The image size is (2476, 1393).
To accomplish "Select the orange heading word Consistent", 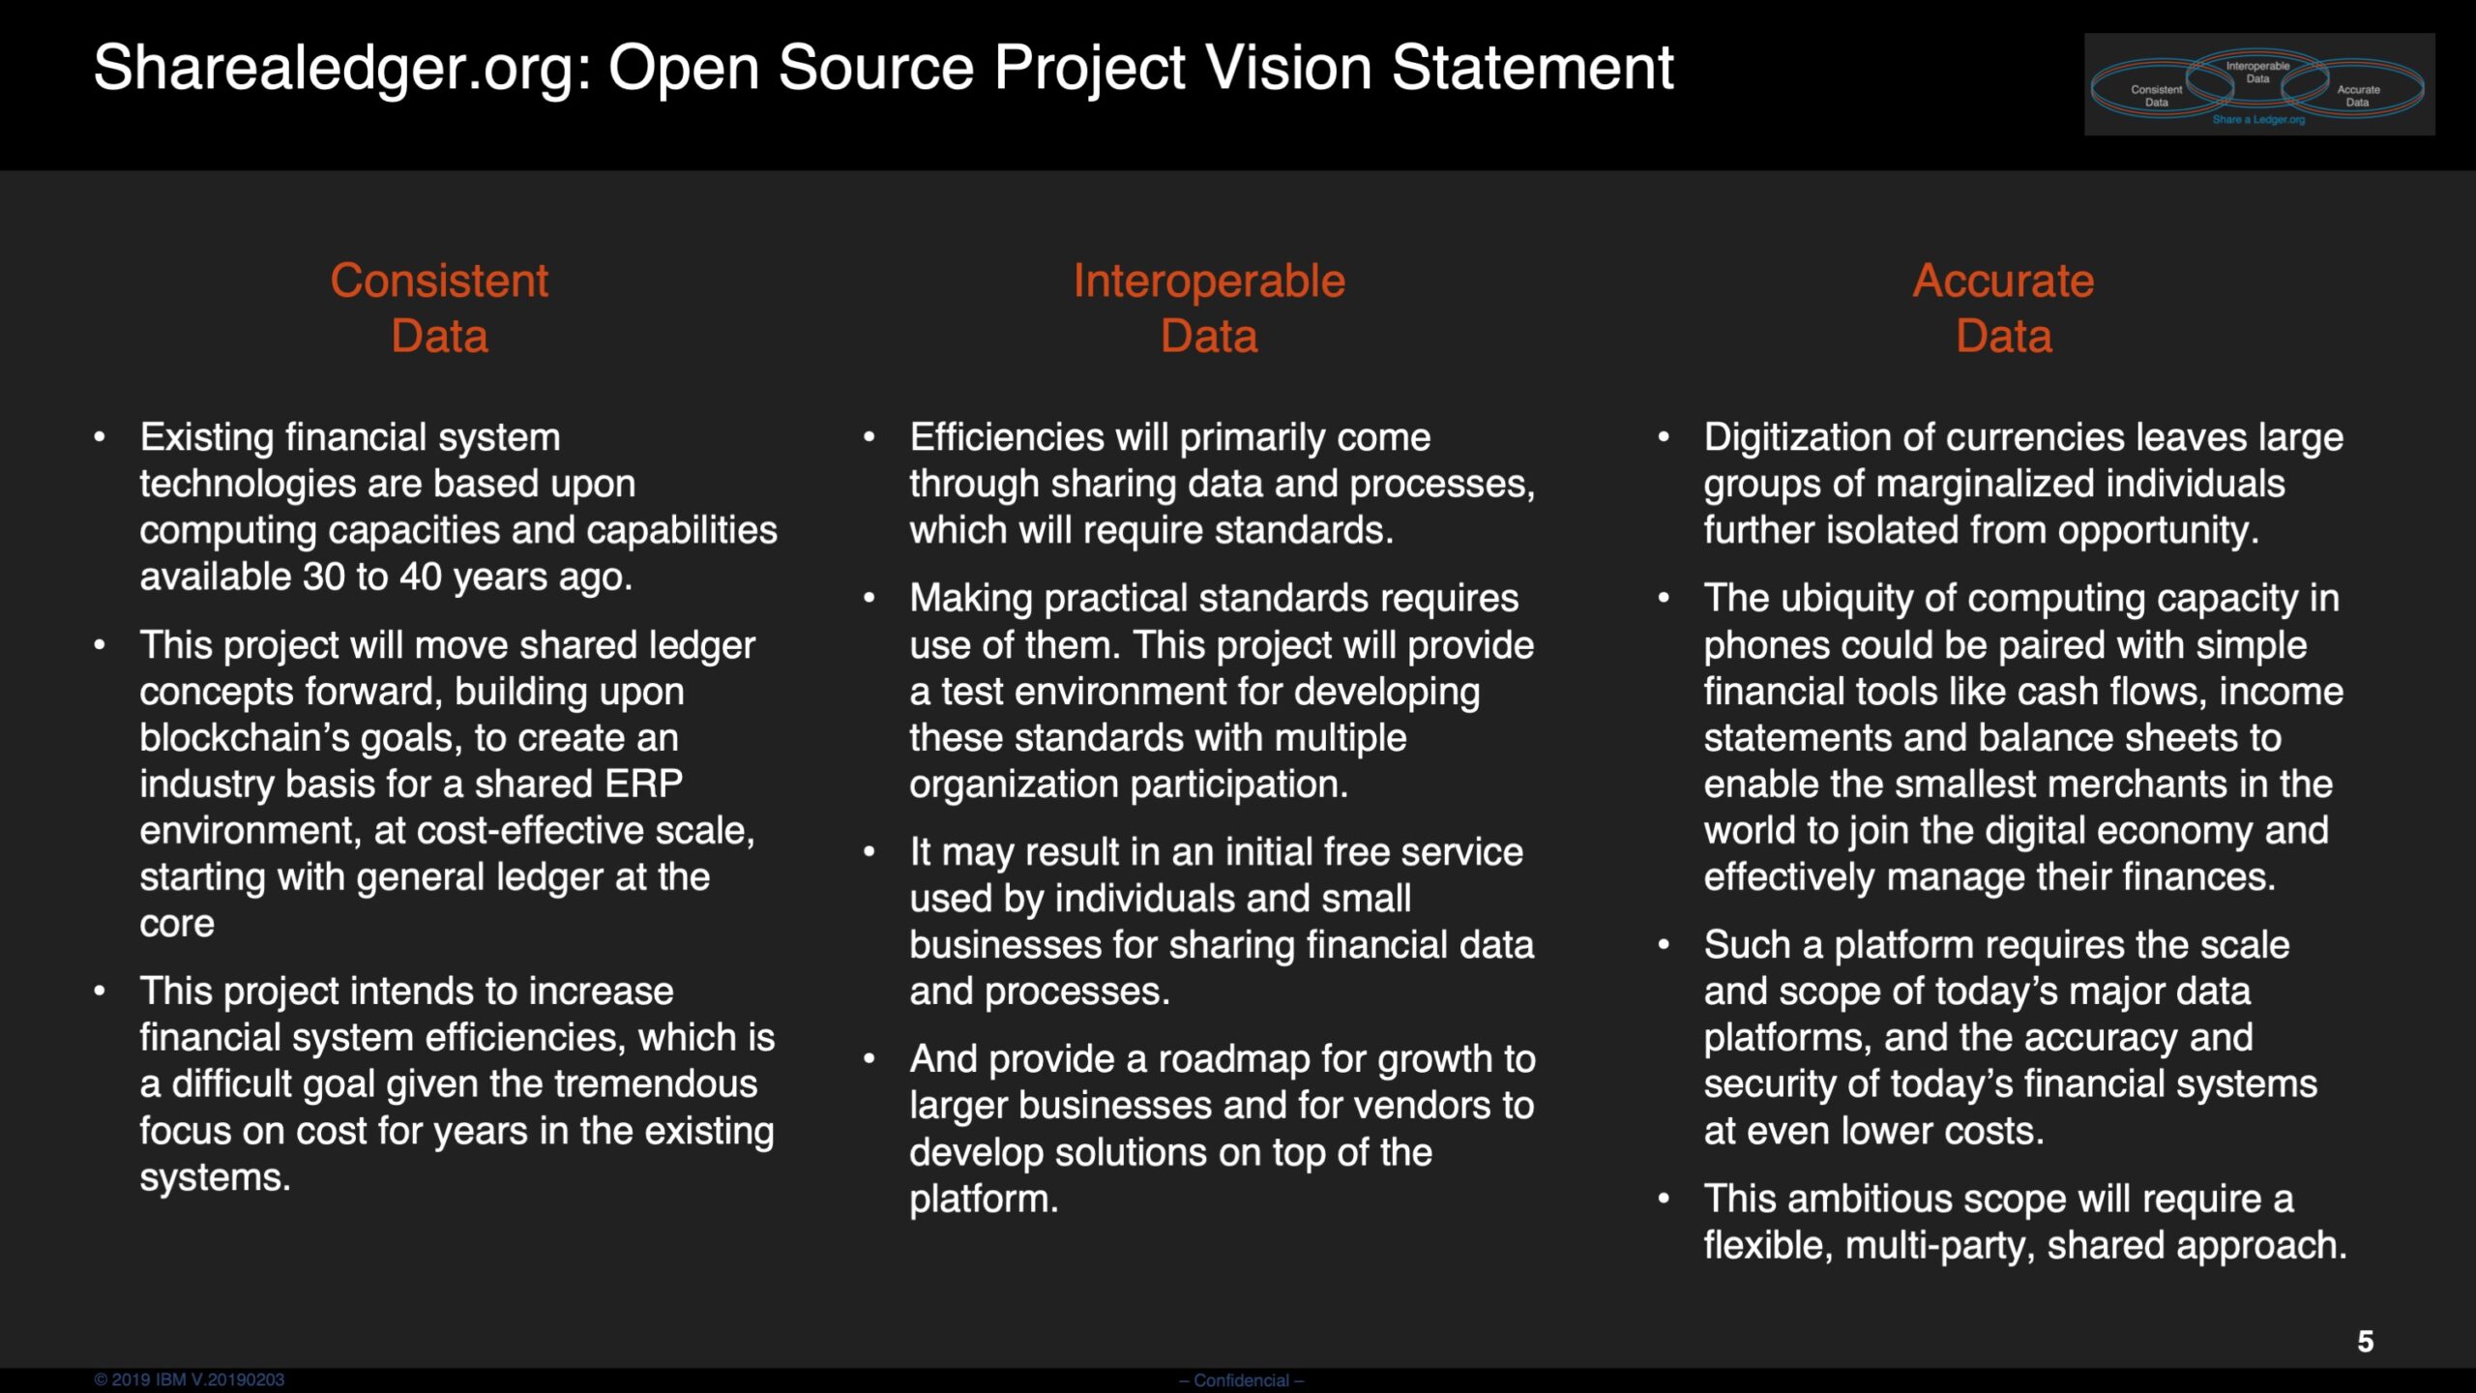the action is pyautogui.click(x=439, y=281).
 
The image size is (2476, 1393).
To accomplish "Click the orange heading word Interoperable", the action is pyautogui.click(x=1209, y=282).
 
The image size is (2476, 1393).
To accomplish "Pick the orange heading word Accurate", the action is pyautogui.click(x=2003, y=281).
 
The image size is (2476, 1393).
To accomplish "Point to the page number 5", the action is pyautogui.click(x=2365, y=1342).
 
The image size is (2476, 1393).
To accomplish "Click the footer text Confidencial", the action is pyautogui.click(x=1241, y=1380).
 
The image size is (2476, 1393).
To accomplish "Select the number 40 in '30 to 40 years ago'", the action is pyautogui.click(x=421, y=577).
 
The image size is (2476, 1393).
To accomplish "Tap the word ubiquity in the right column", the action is pyautogui.click(x=1843, y=600).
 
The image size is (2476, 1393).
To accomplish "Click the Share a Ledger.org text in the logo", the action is pyautogui.click(x=2258, y=120).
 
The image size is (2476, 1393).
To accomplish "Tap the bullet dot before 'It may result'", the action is pyautogui.click(x=869, y=852).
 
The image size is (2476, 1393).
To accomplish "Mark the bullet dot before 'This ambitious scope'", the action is pyautogui.click(x=1663, y=1199).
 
